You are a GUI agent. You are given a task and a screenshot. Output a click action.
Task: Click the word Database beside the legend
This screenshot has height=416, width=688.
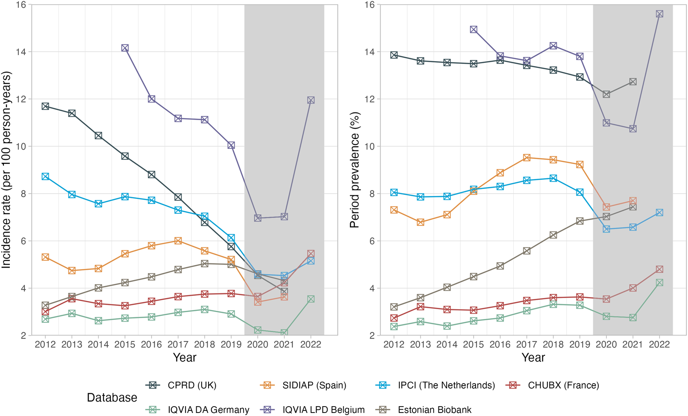112,398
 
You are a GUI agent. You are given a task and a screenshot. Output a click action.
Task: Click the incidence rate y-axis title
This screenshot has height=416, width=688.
6,170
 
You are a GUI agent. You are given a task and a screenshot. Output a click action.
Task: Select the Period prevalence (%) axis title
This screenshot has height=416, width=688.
355,170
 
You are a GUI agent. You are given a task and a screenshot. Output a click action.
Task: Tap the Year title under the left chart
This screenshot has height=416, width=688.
185,357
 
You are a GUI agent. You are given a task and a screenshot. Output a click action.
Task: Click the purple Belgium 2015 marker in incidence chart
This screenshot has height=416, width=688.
125,48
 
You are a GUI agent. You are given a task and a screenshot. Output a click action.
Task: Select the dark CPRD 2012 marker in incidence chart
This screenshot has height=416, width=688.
45,106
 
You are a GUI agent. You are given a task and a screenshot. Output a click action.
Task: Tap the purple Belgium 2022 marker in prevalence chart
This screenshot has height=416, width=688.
659,14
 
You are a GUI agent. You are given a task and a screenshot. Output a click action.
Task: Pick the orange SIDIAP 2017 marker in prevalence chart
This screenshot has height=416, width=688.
526,158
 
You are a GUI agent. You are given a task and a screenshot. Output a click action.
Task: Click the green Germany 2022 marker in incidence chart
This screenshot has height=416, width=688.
311,299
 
